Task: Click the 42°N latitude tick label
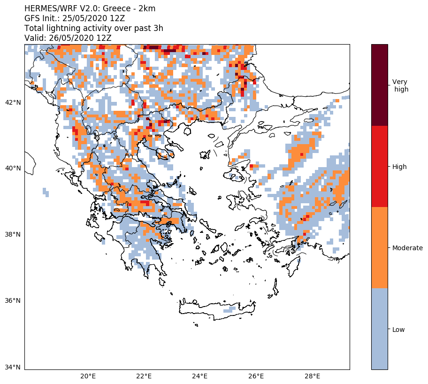(x=13, y=102)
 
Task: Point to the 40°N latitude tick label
(x=13, y=169)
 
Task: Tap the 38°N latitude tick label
(x=13, y=235)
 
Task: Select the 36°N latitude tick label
(x=13, y=301)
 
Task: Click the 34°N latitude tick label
(x=13, y=367)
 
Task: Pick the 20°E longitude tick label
(x=88, y=376)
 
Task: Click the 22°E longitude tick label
(x=144, y=376)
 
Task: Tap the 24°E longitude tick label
(x=200, y=376)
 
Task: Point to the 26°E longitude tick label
(x=256, y=376)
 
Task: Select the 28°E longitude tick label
(x=312, y=376)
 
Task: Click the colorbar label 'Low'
(x=398, y=330)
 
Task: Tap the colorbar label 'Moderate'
(x=407, y=248)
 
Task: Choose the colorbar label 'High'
(x=399, y=167)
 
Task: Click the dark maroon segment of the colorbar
(x=379, y=85)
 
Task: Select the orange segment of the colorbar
(x=379, y=247)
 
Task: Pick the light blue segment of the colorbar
(x=379, y=329)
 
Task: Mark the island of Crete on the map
(x=216, y=308)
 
